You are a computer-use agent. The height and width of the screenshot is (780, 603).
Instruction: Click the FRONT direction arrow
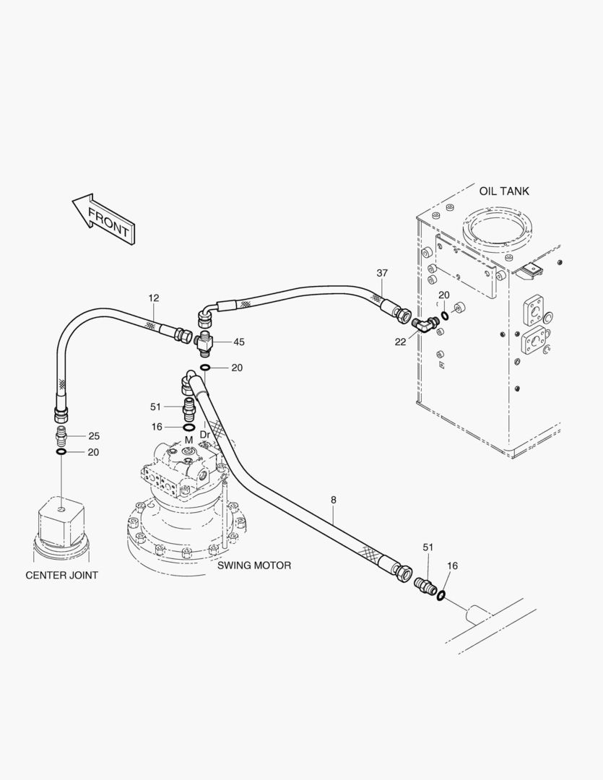click(x=105, y=217)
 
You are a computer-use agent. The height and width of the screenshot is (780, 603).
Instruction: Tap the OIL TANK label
click(x=504, y=191)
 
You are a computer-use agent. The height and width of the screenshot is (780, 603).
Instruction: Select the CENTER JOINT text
click(x=62, y=576)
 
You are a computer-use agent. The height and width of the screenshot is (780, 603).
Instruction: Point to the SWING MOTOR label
click(x=254, y=565)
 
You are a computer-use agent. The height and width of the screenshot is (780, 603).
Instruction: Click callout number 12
click(x=154, y=298)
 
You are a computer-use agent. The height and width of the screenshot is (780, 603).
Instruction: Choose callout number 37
click(x=382, y=273)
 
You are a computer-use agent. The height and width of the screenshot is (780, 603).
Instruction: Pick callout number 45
click(x=238, y=342)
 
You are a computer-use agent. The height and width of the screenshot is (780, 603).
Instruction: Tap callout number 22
click(x=400, y=342)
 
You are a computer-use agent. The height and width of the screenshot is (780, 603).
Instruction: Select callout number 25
click(x=94, y=436)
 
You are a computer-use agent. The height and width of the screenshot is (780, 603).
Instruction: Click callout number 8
click(x=333, y=500)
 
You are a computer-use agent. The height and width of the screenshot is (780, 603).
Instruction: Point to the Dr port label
click(x=204, y=435)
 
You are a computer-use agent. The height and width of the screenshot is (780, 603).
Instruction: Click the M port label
click(x=188, y=440)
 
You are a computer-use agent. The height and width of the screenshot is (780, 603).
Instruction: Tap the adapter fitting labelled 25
click(x=62, y=436)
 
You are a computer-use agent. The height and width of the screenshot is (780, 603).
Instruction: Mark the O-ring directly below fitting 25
click(x=62, y=452)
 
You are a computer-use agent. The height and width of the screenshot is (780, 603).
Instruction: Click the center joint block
click(x=61, y=520)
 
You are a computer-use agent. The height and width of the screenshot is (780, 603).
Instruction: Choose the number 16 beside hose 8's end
click(x=452, y=566)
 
